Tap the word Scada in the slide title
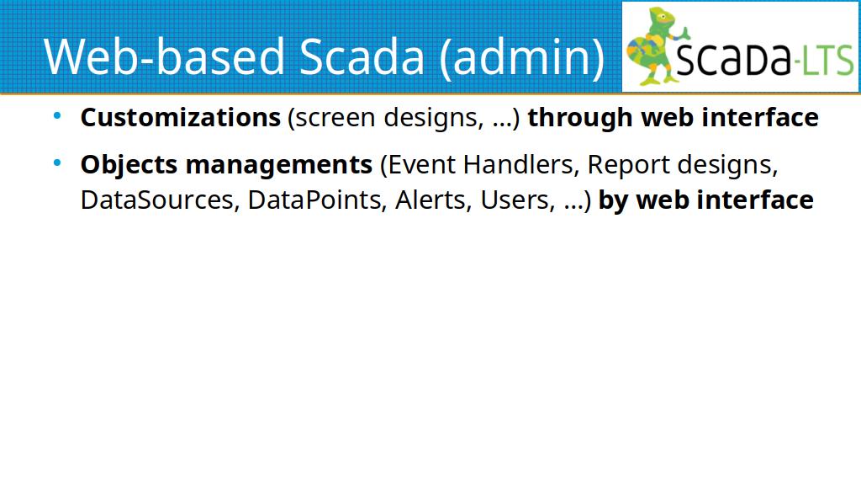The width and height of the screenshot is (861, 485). click(362, 56)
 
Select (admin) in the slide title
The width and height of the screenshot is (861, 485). click(521, 58)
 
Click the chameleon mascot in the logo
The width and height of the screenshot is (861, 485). click(656, 46)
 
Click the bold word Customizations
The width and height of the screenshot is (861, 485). click(181, 117)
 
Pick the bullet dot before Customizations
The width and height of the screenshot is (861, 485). click(57, 116)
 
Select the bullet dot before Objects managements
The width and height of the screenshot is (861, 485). click(57, 163)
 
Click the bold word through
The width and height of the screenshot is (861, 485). click(580, 118)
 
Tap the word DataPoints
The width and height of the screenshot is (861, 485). click(315, 200)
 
